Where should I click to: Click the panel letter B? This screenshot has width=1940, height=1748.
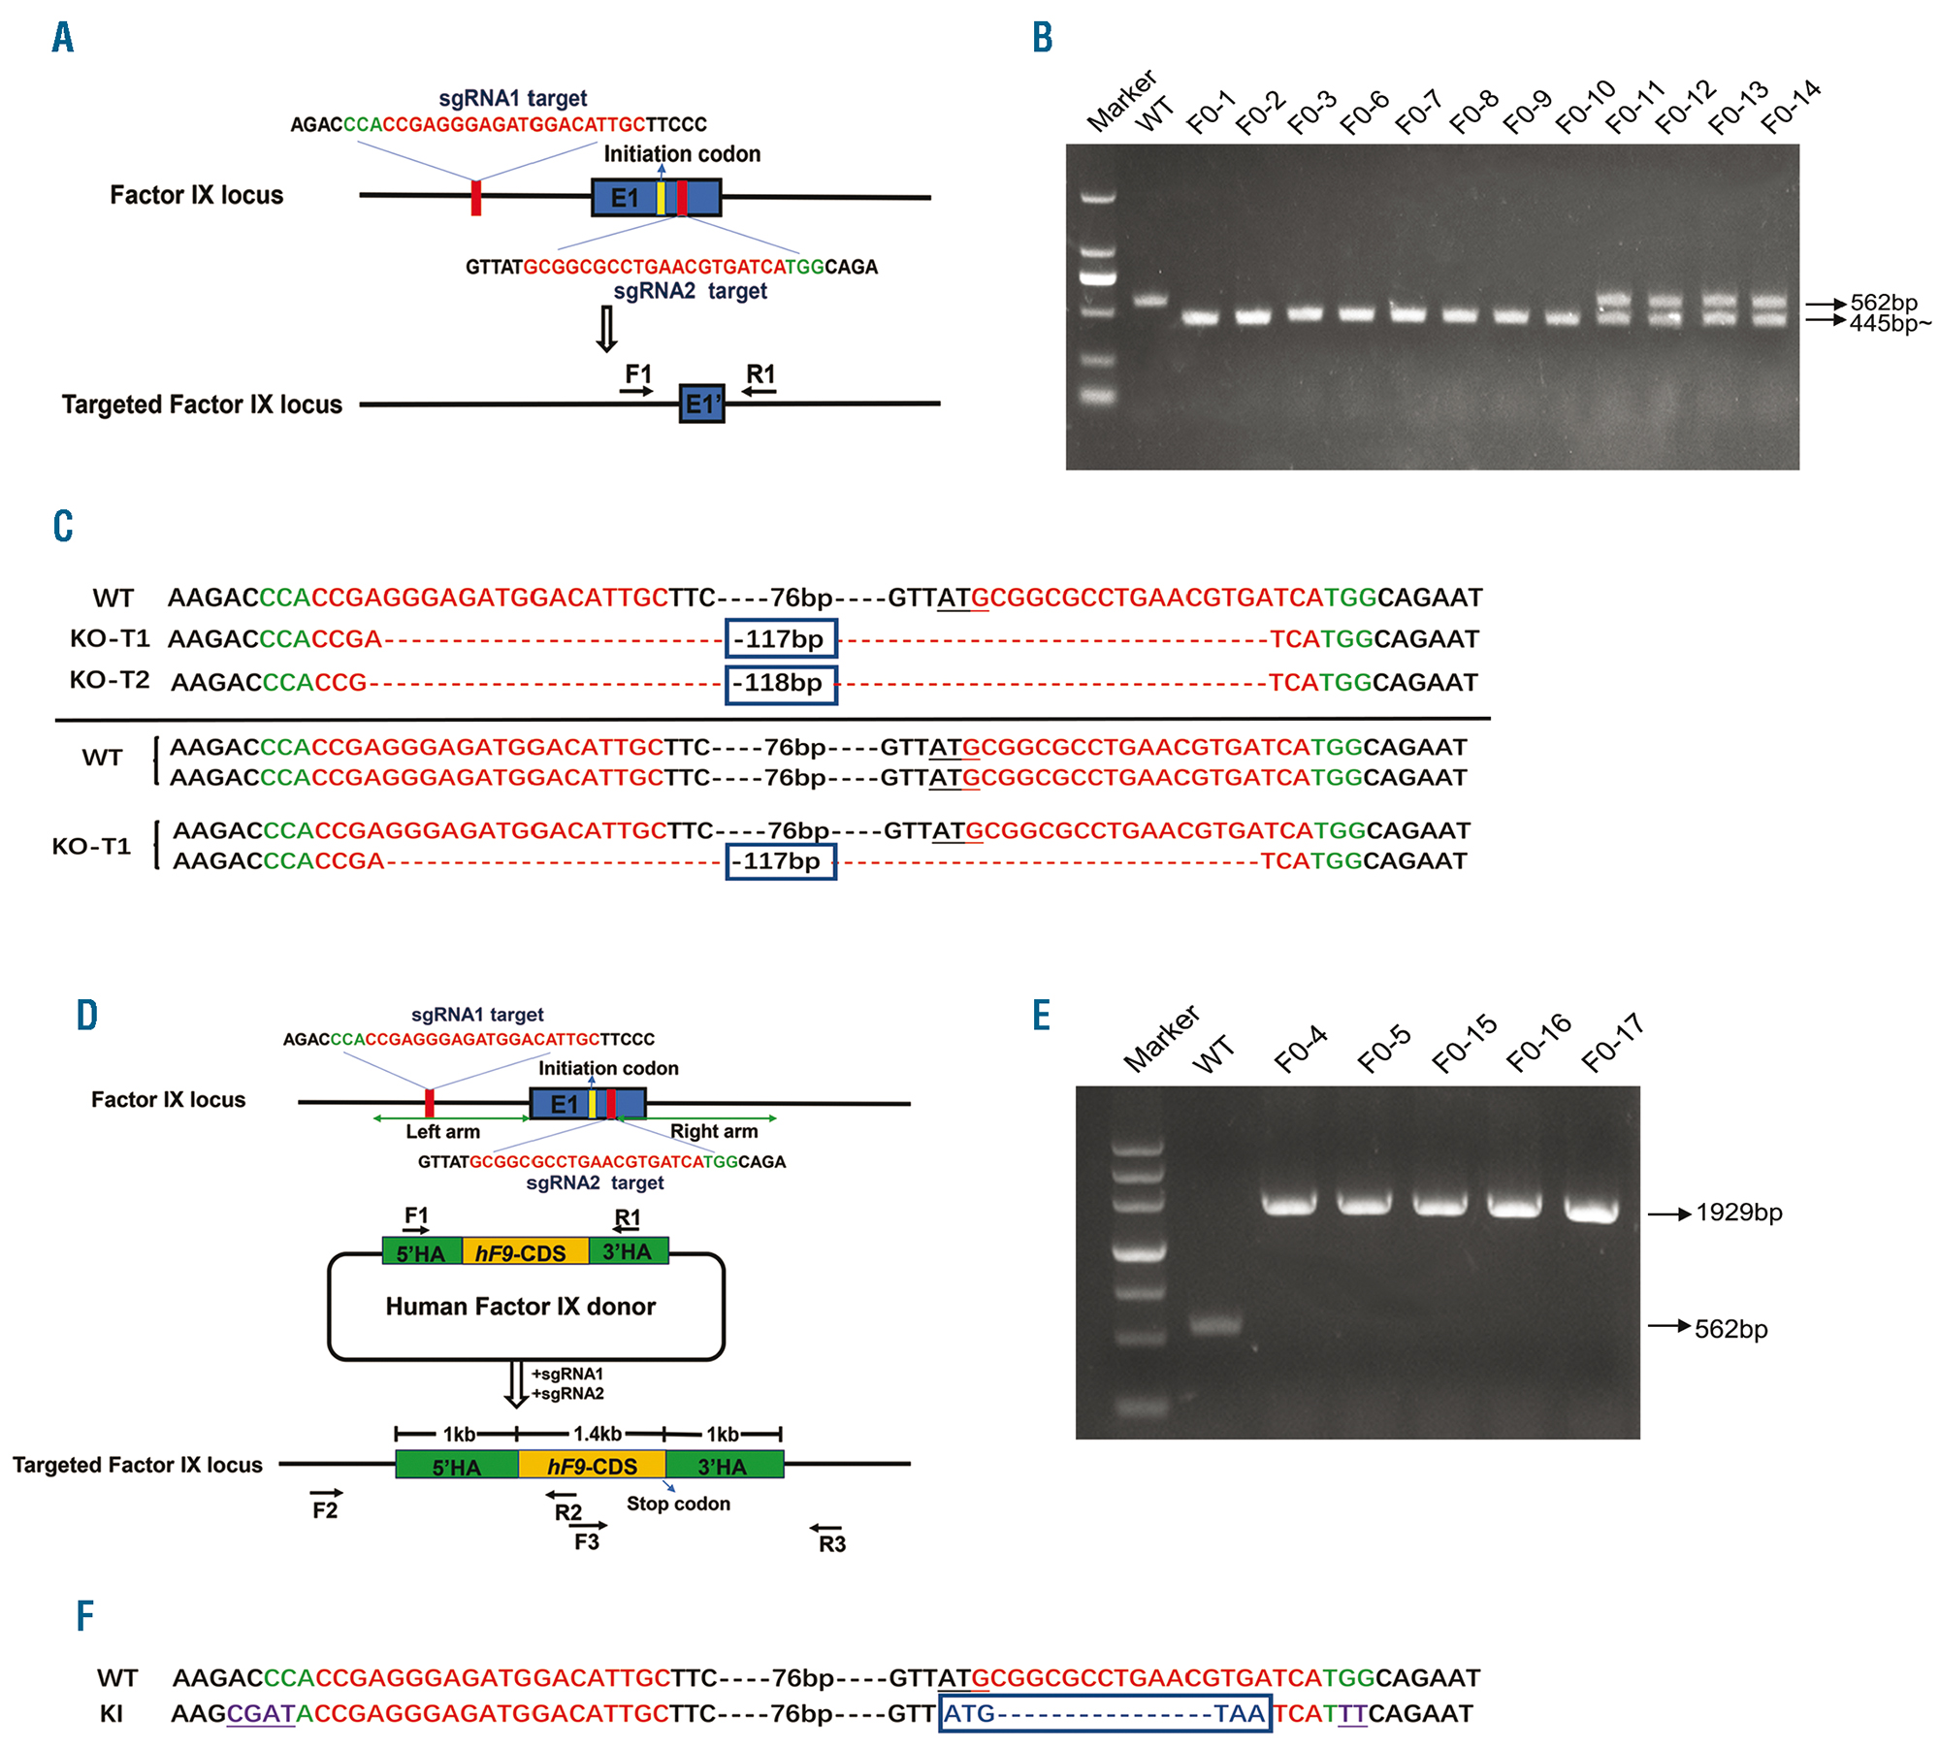[1043, 38]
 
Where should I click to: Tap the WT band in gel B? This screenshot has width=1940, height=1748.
[1150, 300]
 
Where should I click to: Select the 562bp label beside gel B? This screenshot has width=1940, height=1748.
[1884, 303]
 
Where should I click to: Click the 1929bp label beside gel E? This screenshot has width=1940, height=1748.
[1738, 1213]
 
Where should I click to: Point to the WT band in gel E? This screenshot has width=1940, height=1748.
[1215, 1324]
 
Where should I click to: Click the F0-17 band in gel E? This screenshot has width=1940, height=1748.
[1592, 1209]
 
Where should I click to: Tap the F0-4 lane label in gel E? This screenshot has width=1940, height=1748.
[1301, 1049]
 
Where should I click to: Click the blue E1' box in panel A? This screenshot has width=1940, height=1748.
[701, 404]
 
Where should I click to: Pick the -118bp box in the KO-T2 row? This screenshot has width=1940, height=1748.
[781, 683]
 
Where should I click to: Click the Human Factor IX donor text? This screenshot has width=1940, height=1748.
[521, 1307]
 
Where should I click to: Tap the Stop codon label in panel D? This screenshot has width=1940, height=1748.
[678, 1504]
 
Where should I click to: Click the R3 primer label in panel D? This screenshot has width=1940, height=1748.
[832, 1543]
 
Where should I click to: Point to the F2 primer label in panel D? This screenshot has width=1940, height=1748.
[325, 1510]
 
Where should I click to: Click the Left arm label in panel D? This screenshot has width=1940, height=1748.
[442, 1131]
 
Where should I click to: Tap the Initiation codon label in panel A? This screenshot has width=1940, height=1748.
[682, 154]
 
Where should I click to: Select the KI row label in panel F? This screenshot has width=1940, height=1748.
[112, 1714]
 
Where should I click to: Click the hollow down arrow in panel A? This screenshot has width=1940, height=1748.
[606, 329]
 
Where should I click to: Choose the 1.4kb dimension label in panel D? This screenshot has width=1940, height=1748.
[598, 1434]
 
